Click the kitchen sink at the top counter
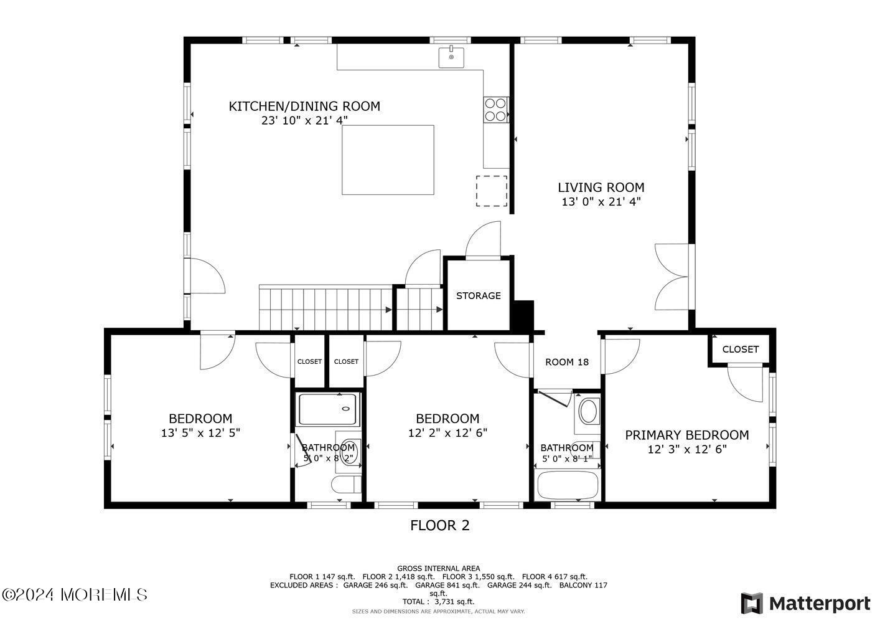(x=451, y=57)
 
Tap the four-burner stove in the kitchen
(x=495, y=110)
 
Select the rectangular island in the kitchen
(x=388, y=159)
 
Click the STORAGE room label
(x=478, y=295)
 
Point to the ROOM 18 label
(x=567, y=362)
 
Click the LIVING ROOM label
(x=601, y=188)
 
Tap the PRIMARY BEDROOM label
(x=687, y=435)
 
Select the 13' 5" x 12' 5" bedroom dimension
(x=200, y=432)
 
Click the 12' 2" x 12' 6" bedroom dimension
(x=448, y=432)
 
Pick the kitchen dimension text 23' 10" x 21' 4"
(x=304, y=120)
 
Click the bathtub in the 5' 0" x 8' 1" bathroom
(x=568, y=485)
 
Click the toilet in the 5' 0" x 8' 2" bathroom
(x=346, y=484)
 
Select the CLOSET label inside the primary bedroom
(x=740, y=350)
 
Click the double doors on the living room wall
(x=672, y=277)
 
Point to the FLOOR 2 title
(x=439, y=525)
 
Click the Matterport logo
(x=805, y=603)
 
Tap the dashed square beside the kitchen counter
(x=492, y=191)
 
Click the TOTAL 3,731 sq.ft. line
(x=438, y=602)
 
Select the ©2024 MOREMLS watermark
(x=75, y=595)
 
